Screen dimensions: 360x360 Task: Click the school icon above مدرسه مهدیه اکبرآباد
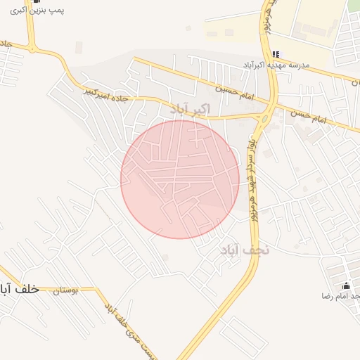tap(276, 54)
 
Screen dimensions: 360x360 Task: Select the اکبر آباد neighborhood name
tap(189, 108)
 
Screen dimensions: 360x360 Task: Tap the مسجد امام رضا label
tap(340, 297)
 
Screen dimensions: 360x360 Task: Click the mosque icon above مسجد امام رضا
tap(346, 285)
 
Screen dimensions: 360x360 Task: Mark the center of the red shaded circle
tap(180, 179)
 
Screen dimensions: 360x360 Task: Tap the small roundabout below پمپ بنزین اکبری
tap(33, 47)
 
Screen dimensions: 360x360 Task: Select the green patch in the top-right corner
tap(354, 6)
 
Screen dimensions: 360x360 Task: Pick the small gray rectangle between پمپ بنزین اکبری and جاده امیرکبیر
tap(79, 48)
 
